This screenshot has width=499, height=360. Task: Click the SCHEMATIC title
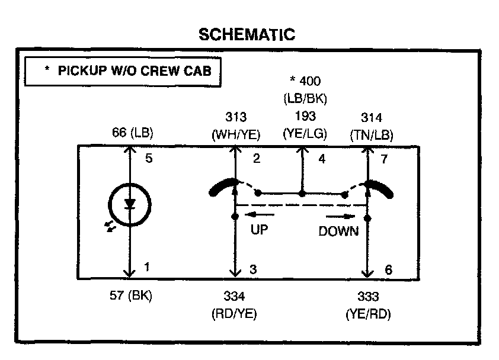247,35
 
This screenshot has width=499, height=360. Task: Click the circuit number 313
236,117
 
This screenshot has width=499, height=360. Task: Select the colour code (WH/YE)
236,134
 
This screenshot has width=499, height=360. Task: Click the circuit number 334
235,297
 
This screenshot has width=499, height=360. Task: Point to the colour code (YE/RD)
367,314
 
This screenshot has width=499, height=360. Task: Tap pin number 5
149,159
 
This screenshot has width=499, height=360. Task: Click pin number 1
147,268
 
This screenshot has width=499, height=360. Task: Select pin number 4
321,159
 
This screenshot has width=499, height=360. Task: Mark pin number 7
385,159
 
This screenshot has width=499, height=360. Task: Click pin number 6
388,269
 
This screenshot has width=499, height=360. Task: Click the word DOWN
338,232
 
